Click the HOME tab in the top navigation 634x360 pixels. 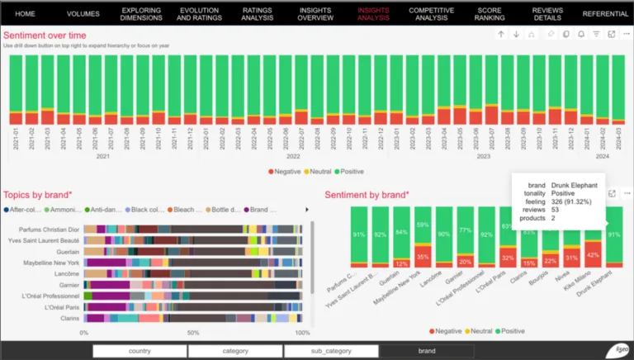25,14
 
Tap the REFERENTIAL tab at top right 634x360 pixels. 605,14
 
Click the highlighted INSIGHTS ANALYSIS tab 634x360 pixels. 374,14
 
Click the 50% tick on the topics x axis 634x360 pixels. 193,333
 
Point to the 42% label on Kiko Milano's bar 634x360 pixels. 592,257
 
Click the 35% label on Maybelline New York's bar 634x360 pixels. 422,257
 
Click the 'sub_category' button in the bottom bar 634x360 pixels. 329,351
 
